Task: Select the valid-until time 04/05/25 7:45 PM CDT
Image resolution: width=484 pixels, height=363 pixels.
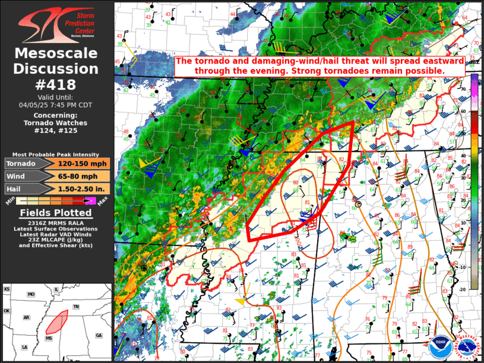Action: coord(56,104)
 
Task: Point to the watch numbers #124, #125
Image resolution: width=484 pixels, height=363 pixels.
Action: coord(56,130)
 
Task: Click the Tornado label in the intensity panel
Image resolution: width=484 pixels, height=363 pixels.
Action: coord(22,163)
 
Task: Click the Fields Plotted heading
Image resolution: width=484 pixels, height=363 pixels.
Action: coord(56,213)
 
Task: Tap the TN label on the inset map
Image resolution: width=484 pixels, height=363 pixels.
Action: coord(76,306)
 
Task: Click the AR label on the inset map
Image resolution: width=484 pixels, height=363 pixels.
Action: coord(27,318)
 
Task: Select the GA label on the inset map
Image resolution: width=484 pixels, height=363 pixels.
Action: coord(99,335)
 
